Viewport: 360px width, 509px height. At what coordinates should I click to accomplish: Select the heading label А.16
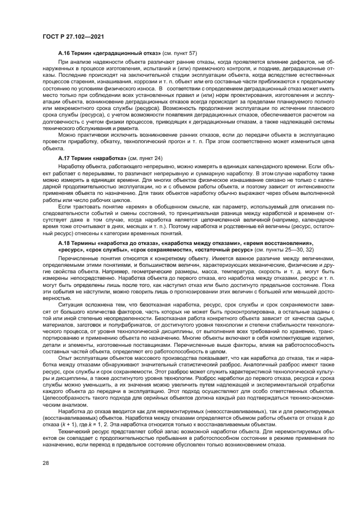click(64, 54)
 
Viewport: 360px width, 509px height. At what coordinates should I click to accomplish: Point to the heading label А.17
click(64, 157)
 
